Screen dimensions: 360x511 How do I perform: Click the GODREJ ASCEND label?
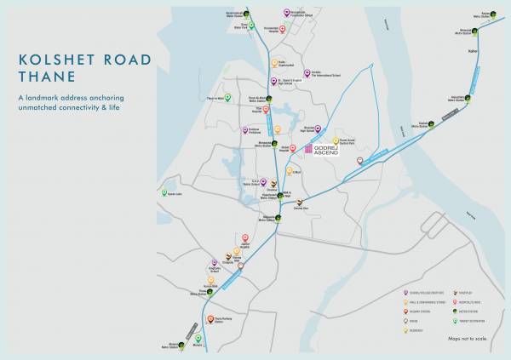pos(331,150)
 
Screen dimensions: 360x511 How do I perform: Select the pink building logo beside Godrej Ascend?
pos(308,149)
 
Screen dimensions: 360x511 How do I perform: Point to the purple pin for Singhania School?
pos(214,263)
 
